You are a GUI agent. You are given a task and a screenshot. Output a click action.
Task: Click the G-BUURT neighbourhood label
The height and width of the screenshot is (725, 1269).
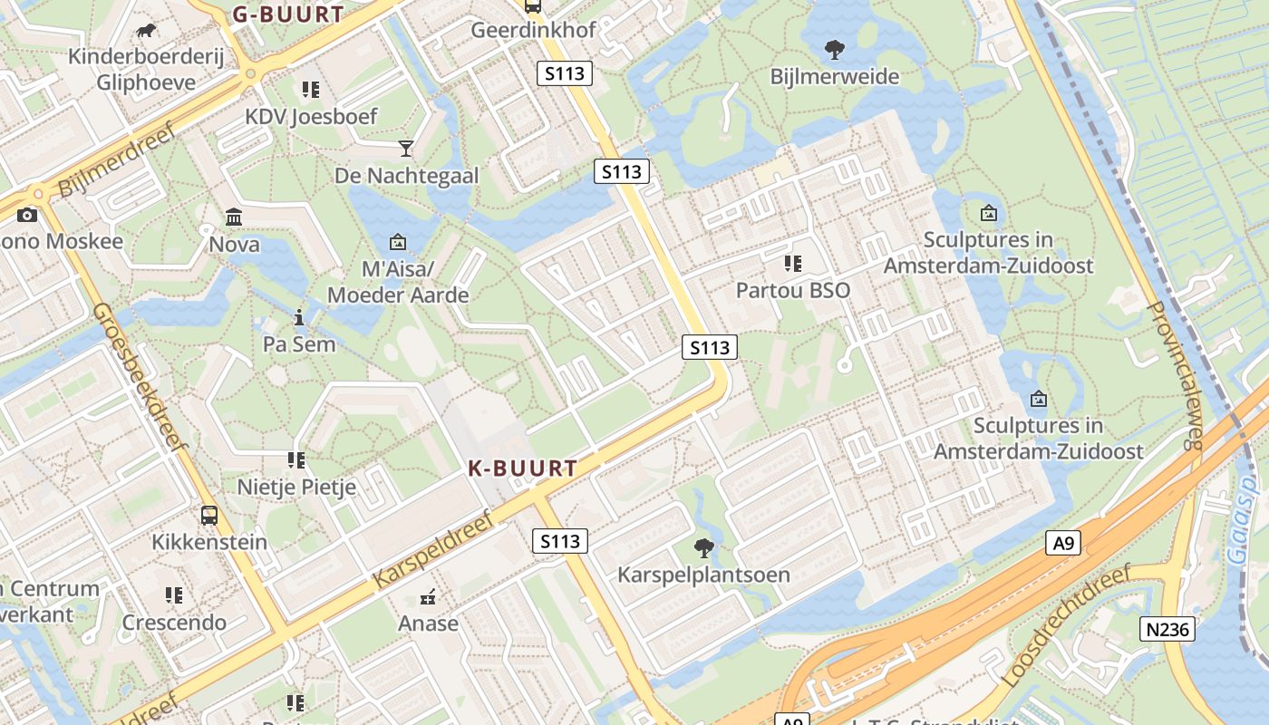click(288, 14)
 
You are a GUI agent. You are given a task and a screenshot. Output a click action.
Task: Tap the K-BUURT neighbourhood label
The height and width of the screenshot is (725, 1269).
click(522, 469)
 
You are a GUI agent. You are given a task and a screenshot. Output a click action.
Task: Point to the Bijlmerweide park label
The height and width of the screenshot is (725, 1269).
click(835, 76)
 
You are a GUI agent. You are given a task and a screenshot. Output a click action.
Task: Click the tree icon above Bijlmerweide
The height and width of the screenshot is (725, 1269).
click(834, 49)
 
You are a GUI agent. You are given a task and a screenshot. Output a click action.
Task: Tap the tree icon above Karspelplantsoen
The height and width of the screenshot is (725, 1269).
click(703, 547)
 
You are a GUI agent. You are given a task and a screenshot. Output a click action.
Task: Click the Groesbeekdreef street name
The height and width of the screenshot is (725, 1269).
click(139, 375)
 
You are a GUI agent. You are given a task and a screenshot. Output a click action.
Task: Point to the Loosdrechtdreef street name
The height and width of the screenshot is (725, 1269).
click(1068, 625)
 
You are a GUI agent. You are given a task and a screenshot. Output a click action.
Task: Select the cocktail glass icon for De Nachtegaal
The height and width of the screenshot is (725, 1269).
click(406, 148)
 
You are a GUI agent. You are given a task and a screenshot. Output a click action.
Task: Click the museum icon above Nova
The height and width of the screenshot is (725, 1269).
click(234, 217)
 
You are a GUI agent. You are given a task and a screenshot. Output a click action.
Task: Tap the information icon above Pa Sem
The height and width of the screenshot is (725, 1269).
click(299, 317)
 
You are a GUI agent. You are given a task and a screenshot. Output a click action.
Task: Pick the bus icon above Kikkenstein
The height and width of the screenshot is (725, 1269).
click(209, 516)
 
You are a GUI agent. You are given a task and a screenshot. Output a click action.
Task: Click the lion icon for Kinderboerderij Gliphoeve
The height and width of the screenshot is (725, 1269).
click(145, 31)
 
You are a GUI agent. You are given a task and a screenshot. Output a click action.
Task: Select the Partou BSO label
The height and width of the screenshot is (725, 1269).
click(793, 290)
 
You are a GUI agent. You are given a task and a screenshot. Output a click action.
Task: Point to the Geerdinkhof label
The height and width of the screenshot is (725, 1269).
click(533, 30)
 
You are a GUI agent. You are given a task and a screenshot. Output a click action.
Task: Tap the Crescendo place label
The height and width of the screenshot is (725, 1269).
click(174, 623)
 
